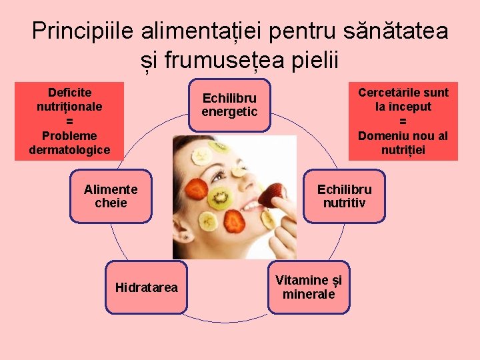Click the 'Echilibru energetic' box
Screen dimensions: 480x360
pos(229,105)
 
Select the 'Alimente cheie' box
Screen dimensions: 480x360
pos(111,195)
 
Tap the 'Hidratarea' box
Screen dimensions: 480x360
pos(147,287)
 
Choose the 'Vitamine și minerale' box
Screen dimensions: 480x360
pos(309,287)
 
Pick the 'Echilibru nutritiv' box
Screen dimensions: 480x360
pos(344,195)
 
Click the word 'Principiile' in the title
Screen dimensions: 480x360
pos(83,31)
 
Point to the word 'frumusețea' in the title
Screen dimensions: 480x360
pos(230,60)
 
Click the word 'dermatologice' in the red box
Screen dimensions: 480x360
pos(69,150)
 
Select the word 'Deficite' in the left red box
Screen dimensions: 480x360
pos(69,92)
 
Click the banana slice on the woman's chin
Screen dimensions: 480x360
pos(267,219)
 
